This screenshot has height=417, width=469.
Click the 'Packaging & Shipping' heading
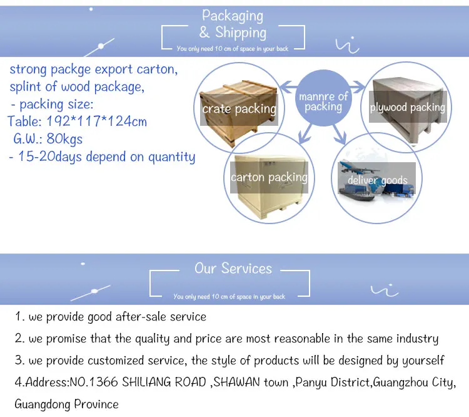[x=233, y=24]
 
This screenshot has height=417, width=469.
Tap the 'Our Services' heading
[x=233, y=268]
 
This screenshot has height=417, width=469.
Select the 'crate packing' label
[x=239, y=109]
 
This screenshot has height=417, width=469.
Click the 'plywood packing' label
[x=407, y=107]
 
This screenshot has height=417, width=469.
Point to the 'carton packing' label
[x=269, y=177]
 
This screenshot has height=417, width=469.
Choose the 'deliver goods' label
[x=378, y=180]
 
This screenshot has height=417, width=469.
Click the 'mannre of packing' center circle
[x=323, y=98]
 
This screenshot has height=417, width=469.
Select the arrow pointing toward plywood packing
[x=358, y=87]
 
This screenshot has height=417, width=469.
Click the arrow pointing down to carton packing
[x=306, y=133]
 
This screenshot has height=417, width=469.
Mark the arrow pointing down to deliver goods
[x=340, y=134]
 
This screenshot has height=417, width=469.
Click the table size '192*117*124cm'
[x=96, y=121]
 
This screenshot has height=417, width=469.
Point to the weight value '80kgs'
[x=64, y=139]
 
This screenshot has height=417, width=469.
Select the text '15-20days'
[x=50, y=157]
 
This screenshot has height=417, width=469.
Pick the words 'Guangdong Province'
[x=66, y=404]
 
